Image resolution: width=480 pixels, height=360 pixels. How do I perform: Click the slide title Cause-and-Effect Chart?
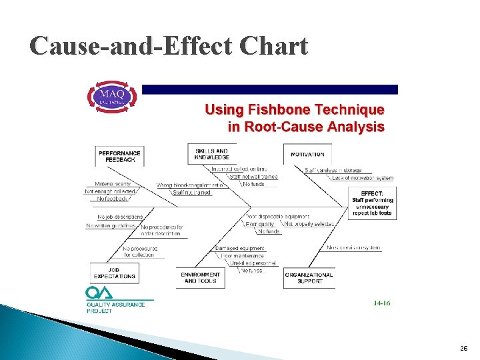169,46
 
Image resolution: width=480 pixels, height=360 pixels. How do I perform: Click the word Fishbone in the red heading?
277,110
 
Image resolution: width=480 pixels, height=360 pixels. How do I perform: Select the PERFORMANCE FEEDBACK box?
120,156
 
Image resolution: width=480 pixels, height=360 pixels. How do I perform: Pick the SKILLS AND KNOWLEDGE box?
211,154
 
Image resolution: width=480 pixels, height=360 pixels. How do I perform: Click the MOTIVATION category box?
307,154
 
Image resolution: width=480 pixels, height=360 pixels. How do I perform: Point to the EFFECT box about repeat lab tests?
372,203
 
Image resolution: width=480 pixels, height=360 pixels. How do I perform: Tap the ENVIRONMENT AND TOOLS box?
201,277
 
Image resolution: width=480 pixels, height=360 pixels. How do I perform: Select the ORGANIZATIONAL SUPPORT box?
309,277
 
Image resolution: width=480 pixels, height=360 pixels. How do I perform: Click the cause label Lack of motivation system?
363,178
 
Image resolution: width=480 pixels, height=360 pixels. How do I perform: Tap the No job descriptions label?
120,217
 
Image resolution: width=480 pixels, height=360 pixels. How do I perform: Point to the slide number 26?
463,349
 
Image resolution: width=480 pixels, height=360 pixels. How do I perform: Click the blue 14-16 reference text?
382,303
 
